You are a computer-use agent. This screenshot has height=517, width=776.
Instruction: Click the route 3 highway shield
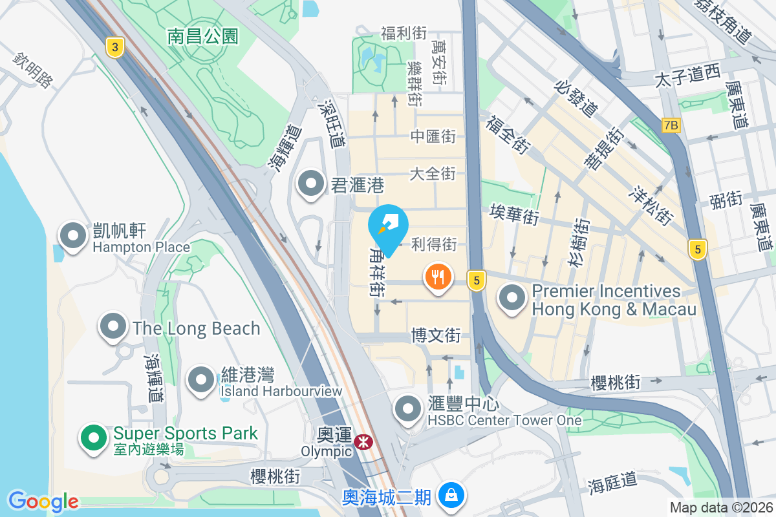tap(114, 47)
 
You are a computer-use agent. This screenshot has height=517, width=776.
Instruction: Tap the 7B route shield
tap(671, 125)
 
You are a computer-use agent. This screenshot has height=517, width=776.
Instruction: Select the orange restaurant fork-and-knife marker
tap(438, 278)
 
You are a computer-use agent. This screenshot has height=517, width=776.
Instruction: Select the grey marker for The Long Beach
tap(114, 326)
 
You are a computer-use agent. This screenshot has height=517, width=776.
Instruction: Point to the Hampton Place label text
tap(141, 248)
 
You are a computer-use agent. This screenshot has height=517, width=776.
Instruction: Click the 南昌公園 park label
tap(203, 36)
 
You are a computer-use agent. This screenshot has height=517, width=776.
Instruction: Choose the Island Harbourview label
tap(281, 391)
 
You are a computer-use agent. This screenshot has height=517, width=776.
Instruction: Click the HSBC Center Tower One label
tap(505, 421)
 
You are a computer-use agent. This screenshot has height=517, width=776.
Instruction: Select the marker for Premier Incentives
tap(513, 299)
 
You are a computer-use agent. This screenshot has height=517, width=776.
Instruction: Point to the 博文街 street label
tap(436, 335)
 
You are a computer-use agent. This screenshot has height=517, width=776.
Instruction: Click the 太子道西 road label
tap(687, 76)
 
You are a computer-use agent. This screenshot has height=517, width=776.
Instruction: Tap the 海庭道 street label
tap(612, 482)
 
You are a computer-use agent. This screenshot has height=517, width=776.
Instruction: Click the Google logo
tap(43, 501)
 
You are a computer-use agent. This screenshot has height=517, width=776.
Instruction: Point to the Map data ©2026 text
tap(720, 507)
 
